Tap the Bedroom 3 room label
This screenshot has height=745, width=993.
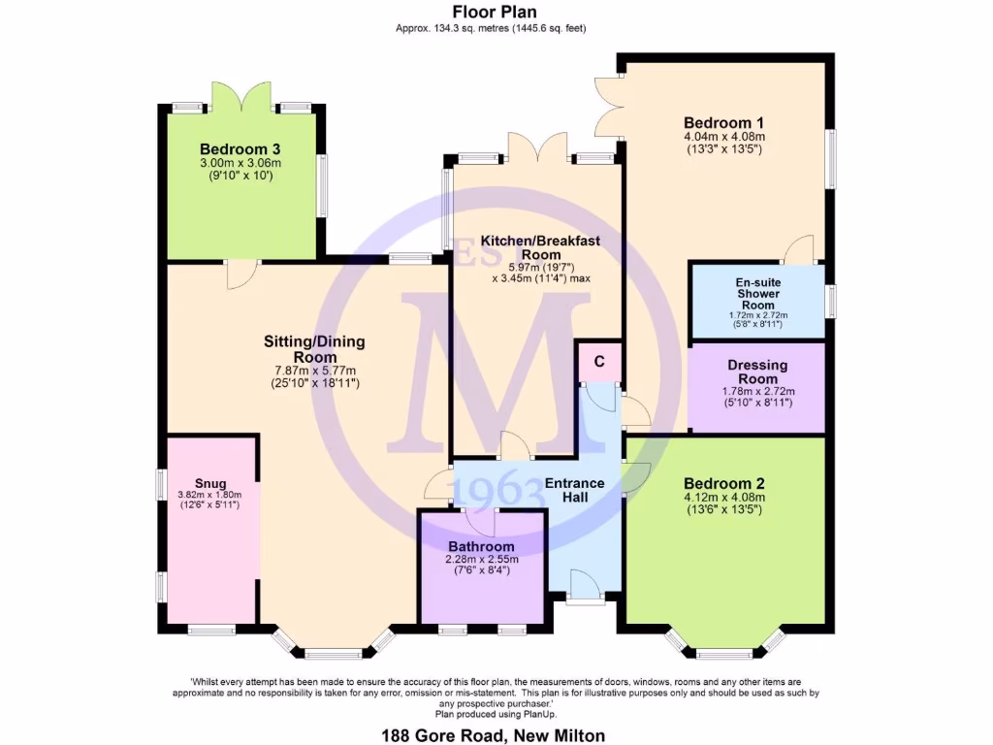[x=240, y=148]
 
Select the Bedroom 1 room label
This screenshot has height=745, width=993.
[x=724, y=123]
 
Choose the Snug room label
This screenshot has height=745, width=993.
[x=209, y=483]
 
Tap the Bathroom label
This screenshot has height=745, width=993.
[x=482, y=546]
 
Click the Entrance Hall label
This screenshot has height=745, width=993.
[x=574, y=490]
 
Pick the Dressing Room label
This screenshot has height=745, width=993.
[x=757, y=372]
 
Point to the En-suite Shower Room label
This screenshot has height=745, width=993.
[x=757, y=293]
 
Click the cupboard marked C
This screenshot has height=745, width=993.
[x=599, y=361]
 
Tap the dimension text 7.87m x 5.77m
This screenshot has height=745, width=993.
[x=314, y=370]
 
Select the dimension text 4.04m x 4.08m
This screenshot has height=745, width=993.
[x=724, y=138]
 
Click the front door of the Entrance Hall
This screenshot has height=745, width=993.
[x=584, y=589]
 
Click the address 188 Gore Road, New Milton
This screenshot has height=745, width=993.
[x=496, y=735]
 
